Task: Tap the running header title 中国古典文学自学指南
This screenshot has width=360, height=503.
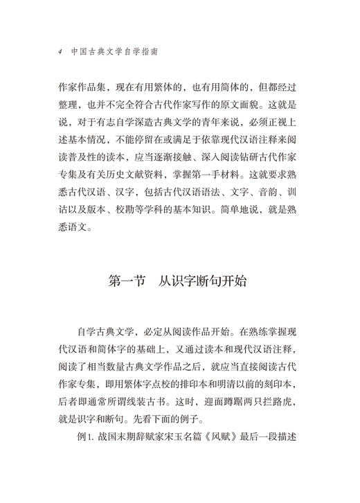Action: [x=110, y=51]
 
